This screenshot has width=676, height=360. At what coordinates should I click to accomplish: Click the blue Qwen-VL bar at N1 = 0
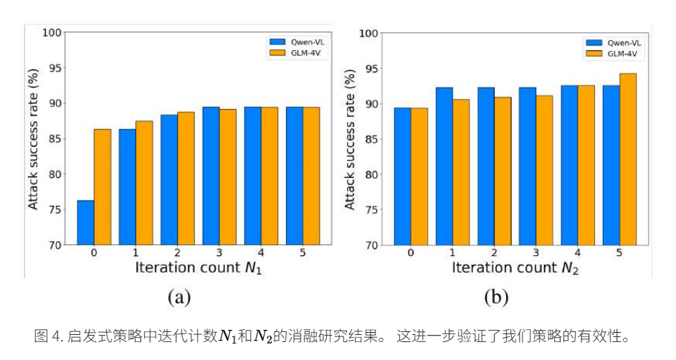(85, 222)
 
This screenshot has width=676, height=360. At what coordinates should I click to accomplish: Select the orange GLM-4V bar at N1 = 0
(103, 186)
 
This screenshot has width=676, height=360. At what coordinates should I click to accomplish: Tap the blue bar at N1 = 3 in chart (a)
(211, 176)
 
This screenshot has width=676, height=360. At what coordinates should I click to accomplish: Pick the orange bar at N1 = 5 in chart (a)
(311, 176)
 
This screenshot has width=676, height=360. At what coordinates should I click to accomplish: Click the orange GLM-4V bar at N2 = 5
(628, 158)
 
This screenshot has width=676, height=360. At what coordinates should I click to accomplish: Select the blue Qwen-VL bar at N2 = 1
(444, 166)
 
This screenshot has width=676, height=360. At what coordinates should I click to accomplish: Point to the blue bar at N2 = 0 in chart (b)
(402, 176)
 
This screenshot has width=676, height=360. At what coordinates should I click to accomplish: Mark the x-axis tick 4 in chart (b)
(578, 253)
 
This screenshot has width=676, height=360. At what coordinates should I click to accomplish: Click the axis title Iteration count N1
(194, 267)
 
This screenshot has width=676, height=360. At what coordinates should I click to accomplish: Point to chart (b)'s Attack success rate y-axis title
(350, 140)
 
